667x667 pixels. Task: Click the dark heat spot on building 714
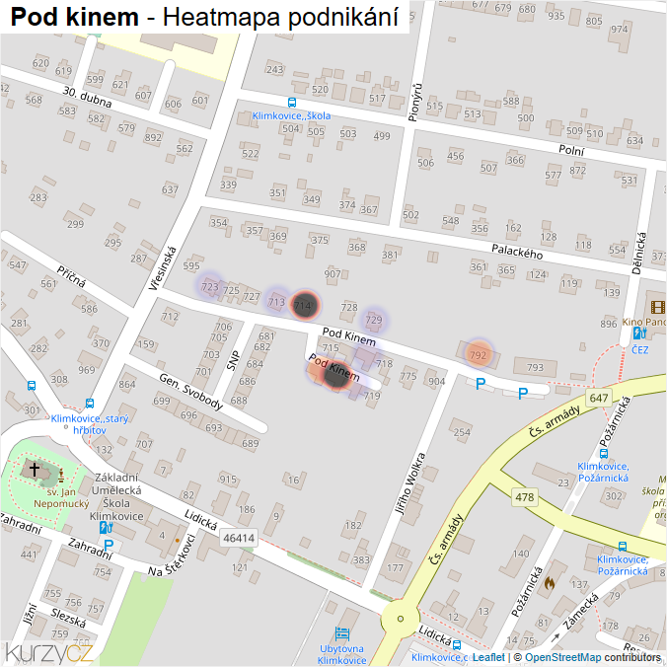[x=306, y=305]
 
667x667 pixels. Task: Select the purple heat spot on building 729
[x=373, y=319]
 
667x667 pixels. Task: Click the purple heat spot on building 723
[x=209, y=286]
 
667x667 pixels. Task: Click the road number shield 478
[x=525, y=498]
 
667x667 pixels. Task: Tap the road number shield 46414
[x=239, y=538]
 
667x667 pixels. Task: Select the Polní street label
[x=571, y=150]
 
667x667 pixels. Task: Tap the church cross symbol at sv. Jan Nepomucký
[x=36, y=471]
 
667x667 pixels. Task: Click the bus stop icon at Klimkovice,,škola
[x=291, y=102]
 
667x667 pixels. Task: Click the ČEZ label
[x=640, y=348]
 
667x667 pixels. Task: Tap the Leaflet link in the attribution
[x=488, y=657]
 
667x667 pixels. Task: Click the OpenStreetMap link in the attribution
[x=562, y=657]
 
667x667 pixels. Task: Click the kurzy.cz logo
[x=49, y=651]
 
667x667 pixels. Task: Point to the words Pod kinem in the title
[x=74, y=17]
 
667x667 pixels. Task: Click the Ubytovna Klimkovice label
[x=342, y=654]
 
